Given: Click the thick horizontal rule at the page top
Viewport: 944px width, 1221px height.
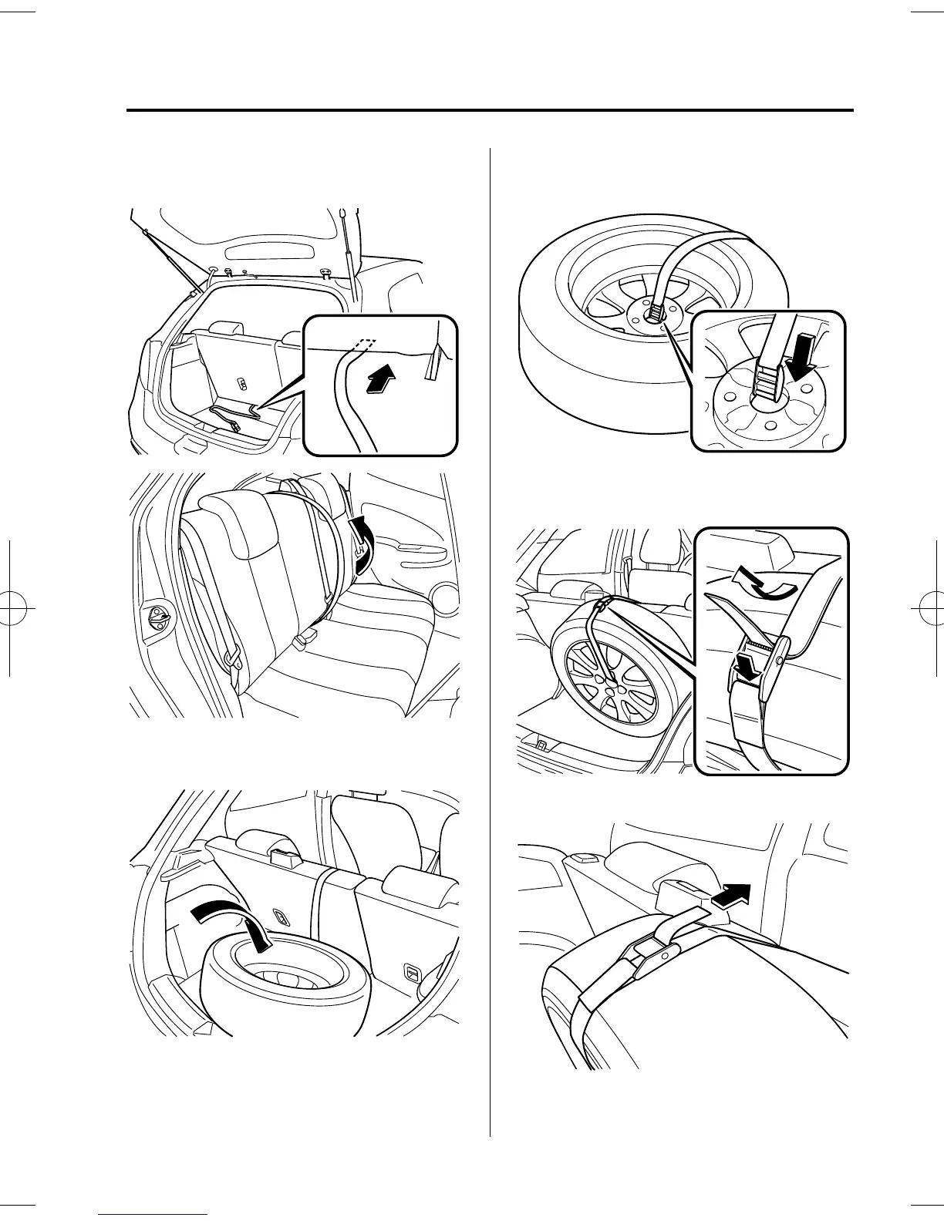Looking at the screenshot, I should coord(490,111).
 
